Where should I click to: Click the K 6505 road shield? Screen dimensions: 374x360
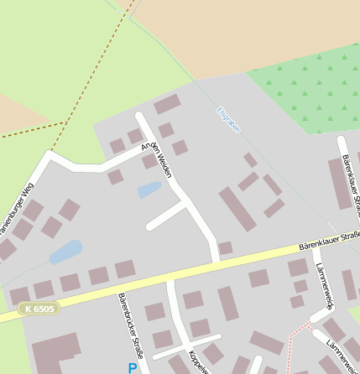click(39, 309)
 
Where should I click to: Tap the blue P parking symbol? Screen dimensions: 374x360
click(133, 367)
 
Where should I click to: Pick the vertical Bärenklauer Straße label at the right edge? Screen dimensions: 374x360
click(351, 184)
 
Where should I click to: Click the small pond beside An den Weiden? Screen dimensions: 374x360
click(149, 190)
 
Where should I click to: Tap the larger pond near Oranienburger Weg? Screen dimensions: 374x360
click(66, 251)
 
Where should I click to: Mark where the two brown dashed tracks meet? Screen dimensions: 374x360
click(65, 123)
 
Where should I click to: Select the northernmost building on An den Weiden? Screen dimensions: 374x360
click(167, 105)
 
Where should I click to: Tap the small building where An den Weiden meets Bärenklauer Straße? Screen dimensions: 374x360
click(225, 248)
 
